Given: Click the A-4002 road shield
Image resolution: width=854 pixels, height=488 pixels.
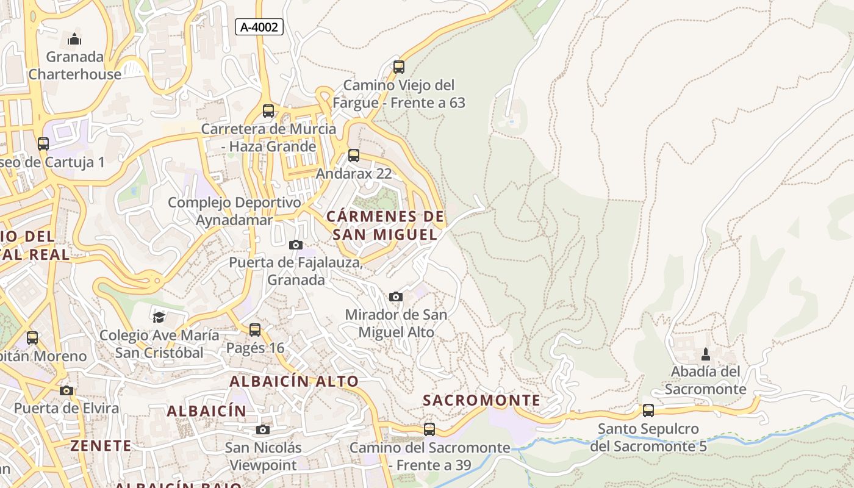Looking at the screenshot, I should [259, 27].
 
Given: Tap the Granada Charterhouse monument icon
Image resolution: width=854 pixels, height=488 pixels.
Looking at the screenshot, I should [74, 40].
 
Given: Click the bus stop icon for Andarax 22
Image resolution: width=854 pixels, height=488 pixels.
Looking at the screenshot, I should [354, 156].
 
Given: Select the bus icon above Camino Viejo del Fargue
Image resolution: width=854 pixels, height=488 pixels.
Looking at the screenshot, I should [399, 67].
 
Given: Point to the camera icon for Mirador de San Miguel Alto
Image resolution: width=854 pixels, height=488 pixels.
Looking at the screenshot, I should [396, 297].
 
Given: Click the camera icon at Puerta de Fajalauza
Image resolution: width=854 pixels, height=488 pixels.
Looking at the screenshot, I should [296, 245].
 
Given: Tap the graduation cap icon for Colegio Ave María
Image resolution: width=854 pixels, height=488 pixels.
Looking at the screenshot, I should [159, 317].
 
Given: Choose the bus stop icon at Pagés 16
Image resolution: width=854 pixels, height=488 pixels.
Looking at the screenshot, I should [255, 330].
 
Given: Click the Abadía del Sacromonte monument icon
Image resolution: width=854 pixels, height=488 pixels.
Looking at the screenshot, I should [706, 354].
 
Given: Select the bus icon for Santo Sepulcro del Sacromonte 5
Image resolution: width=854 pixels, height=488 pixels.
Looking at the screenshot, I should [648, 411].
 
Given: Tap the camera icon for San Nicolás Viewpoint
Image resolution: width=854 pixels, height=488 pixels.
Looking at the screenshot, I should [263, 430].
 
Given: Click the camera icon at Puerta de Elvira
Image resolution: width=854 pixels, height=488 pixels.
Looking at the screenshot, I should [66, 390].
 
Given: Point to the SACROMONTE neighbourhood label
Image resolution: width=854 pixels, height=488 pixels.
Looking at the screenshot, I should [482, 401].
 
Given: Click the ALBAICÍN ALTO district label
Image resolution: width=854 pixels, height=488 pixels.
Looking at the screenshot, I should [294, 382].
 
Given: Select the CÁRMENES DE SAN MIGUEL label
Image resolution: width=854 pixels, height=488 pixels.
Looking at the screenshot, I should [385, 226].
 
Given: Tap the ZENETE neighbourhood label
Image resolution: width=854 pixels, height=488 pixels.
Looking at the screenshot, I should [101, 446].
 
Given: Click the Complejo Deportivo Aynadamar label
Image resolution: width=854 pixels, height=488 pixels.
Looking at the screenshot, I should [234, 211].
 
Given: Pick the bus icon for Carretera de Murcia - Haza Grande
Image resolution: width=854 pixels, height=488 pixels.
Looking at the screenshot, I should [268, 111].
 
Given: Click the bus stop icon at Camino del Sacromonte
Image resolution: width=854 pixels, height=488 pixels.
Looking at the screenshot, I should [429, 429].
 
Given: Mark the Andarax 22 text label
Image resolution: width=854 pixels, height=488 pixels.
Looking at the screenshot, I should [354, 174].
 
